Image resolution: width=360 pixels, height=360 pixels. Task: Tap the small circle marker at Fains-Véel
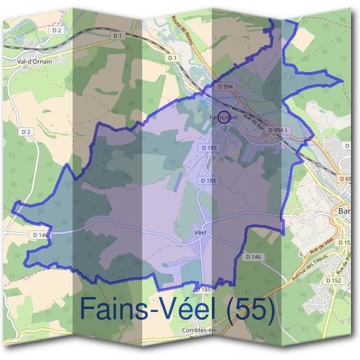click(x=223, y=116)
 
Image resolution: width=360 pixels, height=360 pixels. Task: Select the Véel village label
click(x=200, y=230)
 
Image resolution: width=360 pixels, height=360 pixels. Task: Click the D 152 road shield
click(x=333, y=280)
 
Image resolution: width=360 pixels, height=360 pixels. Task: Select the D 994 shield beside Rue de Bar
click(x=278, y=130)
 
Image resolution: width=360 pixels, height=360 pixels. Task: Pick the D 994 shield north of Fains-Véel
click(x=226, y=87)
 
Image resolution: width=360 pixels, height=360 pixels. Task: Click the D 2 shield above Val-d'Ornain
click(x=57, y=29)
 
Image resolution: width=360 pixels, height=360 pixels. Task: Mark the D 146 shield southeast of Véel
click(x=254, y=256)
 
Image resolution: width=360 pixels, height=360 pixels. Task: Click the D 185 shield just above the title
click(x=203, y=290)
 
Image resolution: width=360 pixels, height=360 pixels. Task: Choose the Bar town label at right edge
click(x=345, y=211)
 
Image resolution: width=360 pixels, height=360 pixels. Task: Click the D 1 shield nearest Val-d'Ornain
click(x=117, y=36)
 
